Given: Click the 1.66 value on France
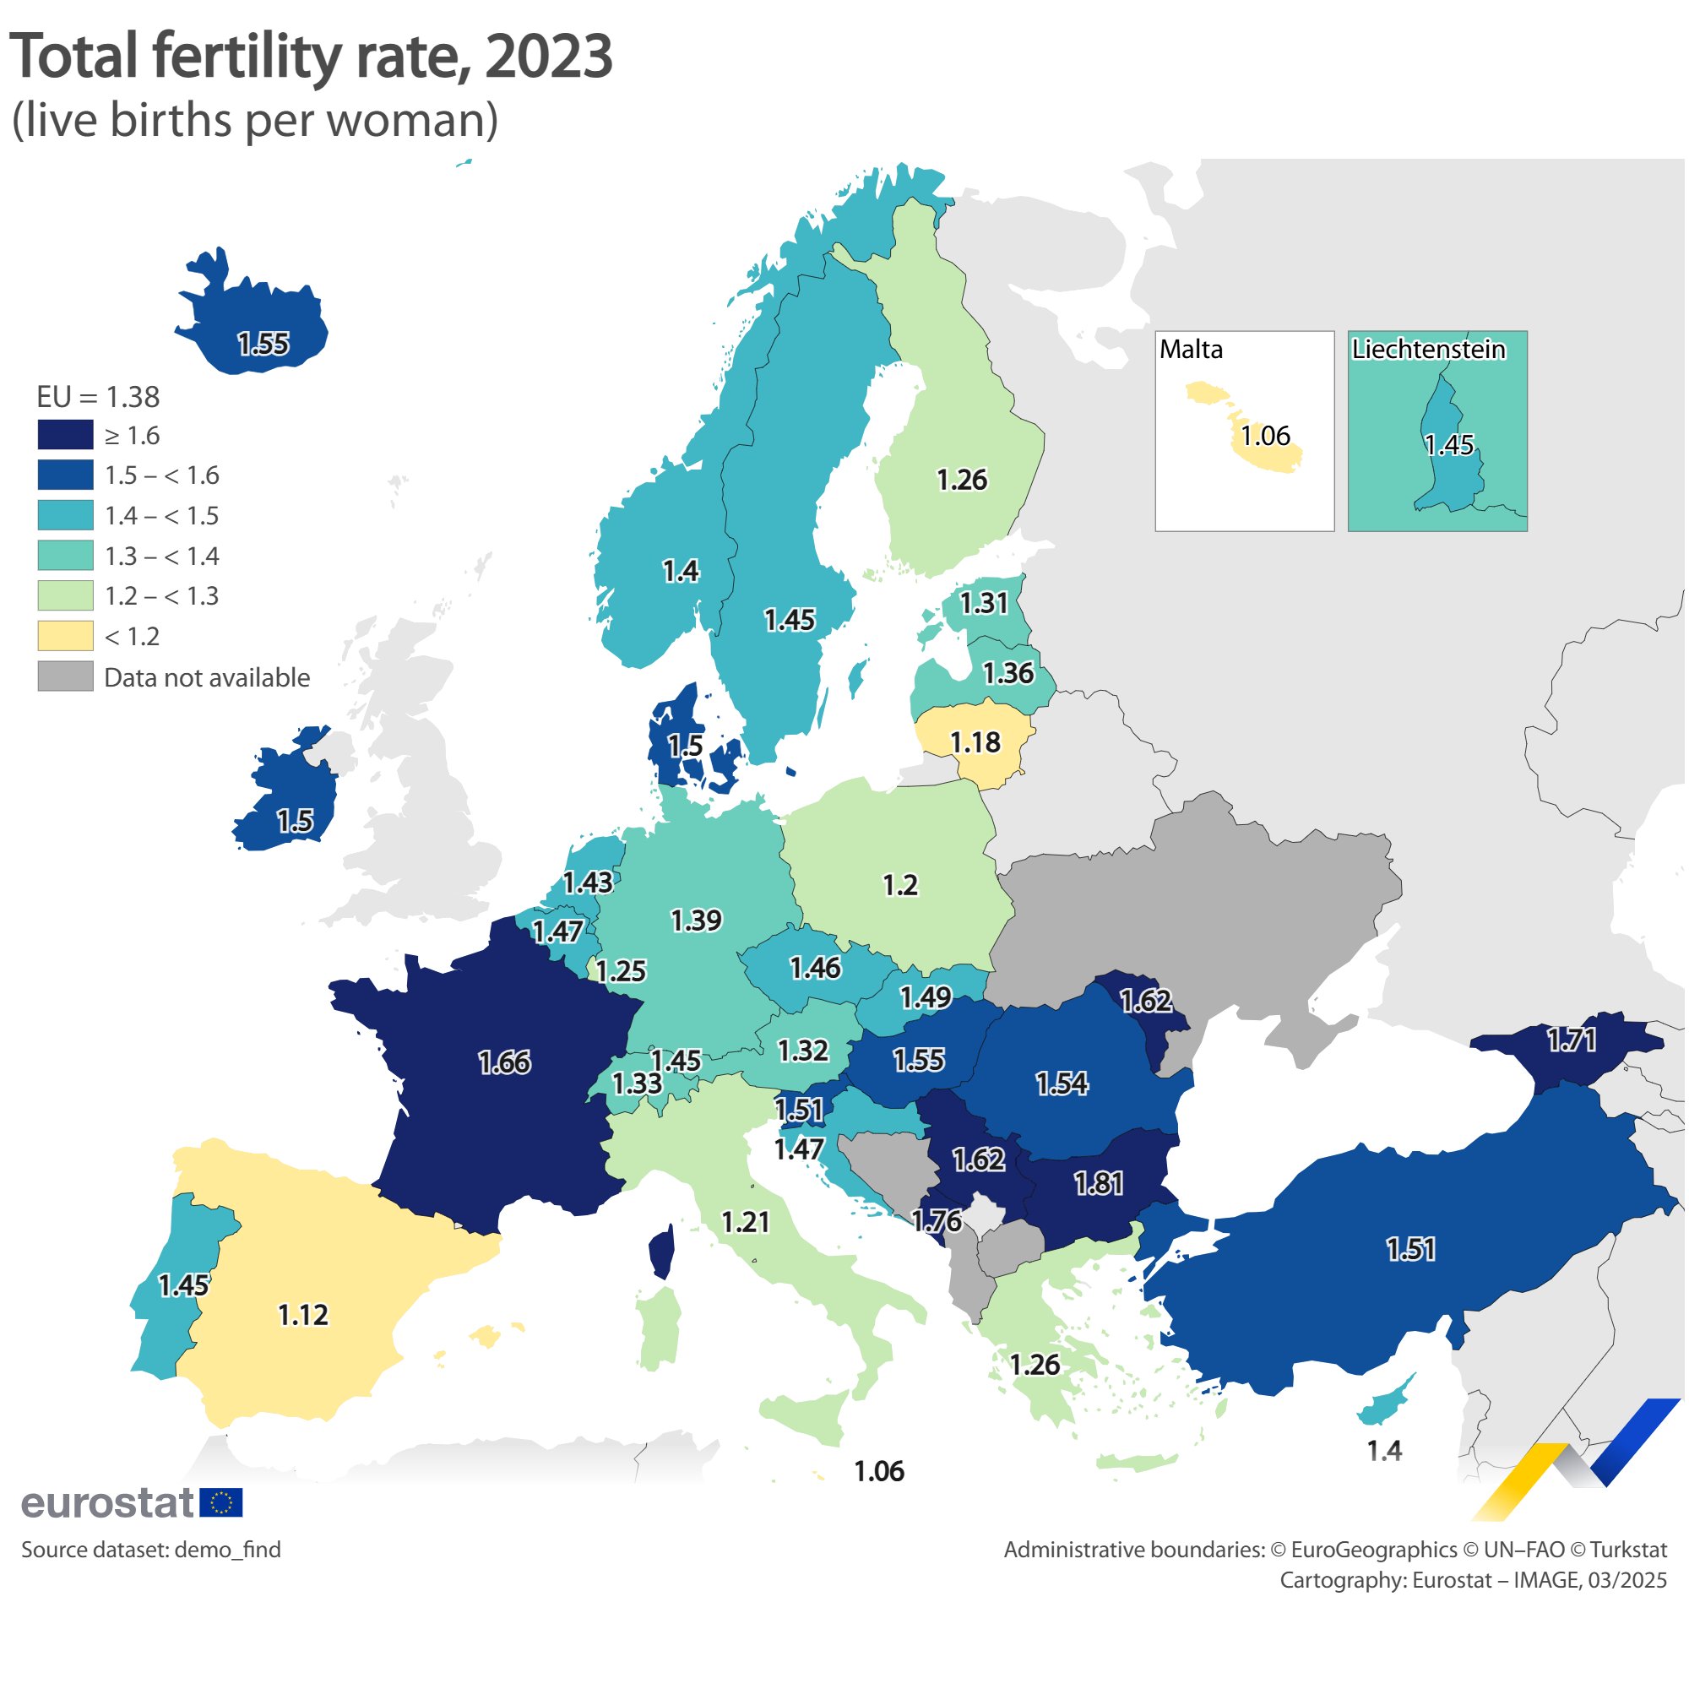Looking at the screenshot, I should click(504, 1063).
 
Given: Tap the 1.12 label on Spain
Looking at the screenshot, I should click(302, 1315).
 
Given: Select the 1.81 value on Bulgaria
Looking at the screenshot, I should click(1099, 1184).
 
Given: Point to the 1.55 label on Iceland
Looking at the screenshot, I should click(263, 344).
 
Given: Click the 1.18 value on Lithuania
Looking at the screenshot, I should click(975, 743).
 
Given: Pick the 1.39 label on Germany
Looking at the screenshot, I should click(696, 921).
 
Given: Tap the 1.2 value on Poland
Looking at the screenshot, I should click(899, 886).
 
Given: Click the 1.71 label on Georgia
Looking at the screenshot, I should click(1572, 1040).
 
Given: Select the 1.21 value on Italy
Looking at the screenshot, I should click(745, 1222).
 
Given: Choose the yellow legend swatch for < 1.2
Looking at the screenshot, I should click(66, 637).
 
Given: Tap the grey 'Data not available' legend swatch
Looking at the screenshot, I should click(66, 677).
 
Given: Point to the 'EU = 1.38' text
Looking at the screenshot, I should click(98, 398).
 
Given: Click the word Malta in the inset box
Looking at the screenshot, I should click(1191, 350).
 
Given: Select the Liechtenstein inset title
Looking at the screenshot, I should click(1429, 350).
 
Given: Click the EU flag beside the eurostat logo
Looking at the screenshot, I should click(221, 1503).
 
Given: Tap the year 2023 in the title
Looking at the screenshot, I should click(548, 57).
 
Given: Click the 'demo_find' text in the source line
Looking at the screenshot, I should click(227, 1550).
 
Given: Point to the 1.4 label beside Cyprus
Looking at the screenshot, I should click(1384, 1451).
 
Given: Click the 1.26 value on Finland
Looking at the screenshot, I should click(962, 480).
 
